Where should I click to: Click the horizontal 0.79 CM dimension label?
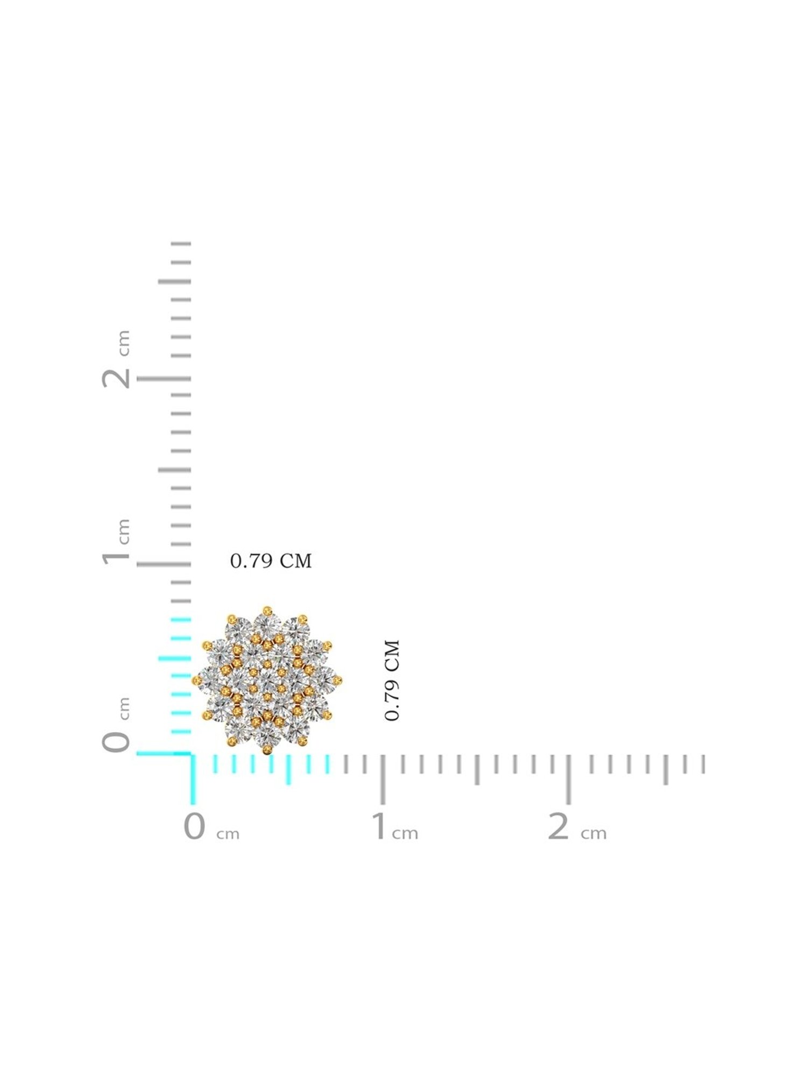pos(271,561)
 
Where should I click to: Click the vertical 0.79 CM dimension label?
pos(392,680)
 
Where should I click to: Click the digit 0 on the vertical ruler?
pos(116,742)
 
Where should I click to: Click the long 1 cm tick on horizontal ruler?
pos(383,779)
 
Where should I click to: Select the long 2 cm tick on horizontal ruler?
pos(569,779)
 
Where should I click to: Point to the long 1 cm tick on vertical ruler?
pos(164,564)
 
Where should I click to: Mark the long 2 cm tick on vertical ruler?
pos(164,379)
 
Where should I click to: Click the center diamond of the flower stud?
pos(267,681)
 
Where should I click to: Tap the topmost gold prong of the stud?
pos(267,610)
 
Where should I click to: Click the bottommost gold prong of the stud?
pos(267,751)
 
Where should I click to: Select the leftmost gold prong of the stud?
pos(196,681)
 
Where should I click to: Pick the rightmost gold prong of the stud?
pos(338,681)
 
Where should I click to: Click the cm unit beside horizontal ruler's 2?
pos(593,833)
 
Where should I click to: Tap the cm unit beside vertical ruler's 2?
pos(124,343)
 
